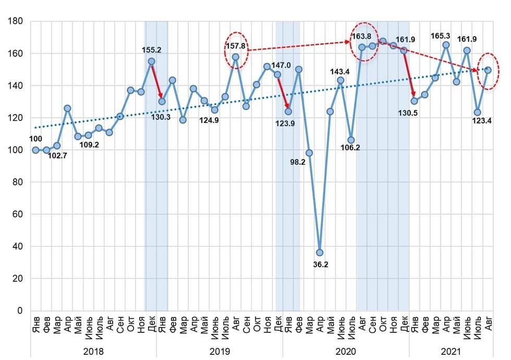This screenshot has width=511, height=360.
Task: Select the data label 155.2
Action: tap(151, 51)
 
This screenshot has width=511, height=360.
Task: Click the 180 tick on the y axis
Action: tap(16, 21)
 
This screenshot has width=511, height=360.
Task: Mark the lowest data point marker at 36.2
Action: tap(320, 253)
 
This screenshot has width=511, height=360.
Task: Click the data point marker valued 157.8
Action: tap(235, 57)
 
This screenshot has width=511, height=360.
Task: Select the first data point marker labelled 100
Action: tap(35, 150)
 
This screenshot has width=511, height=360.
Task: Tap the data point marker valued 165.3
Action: tap(446, 45)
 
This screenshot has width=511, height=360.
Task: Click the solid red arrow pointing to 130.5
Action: tap(408, 74)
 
